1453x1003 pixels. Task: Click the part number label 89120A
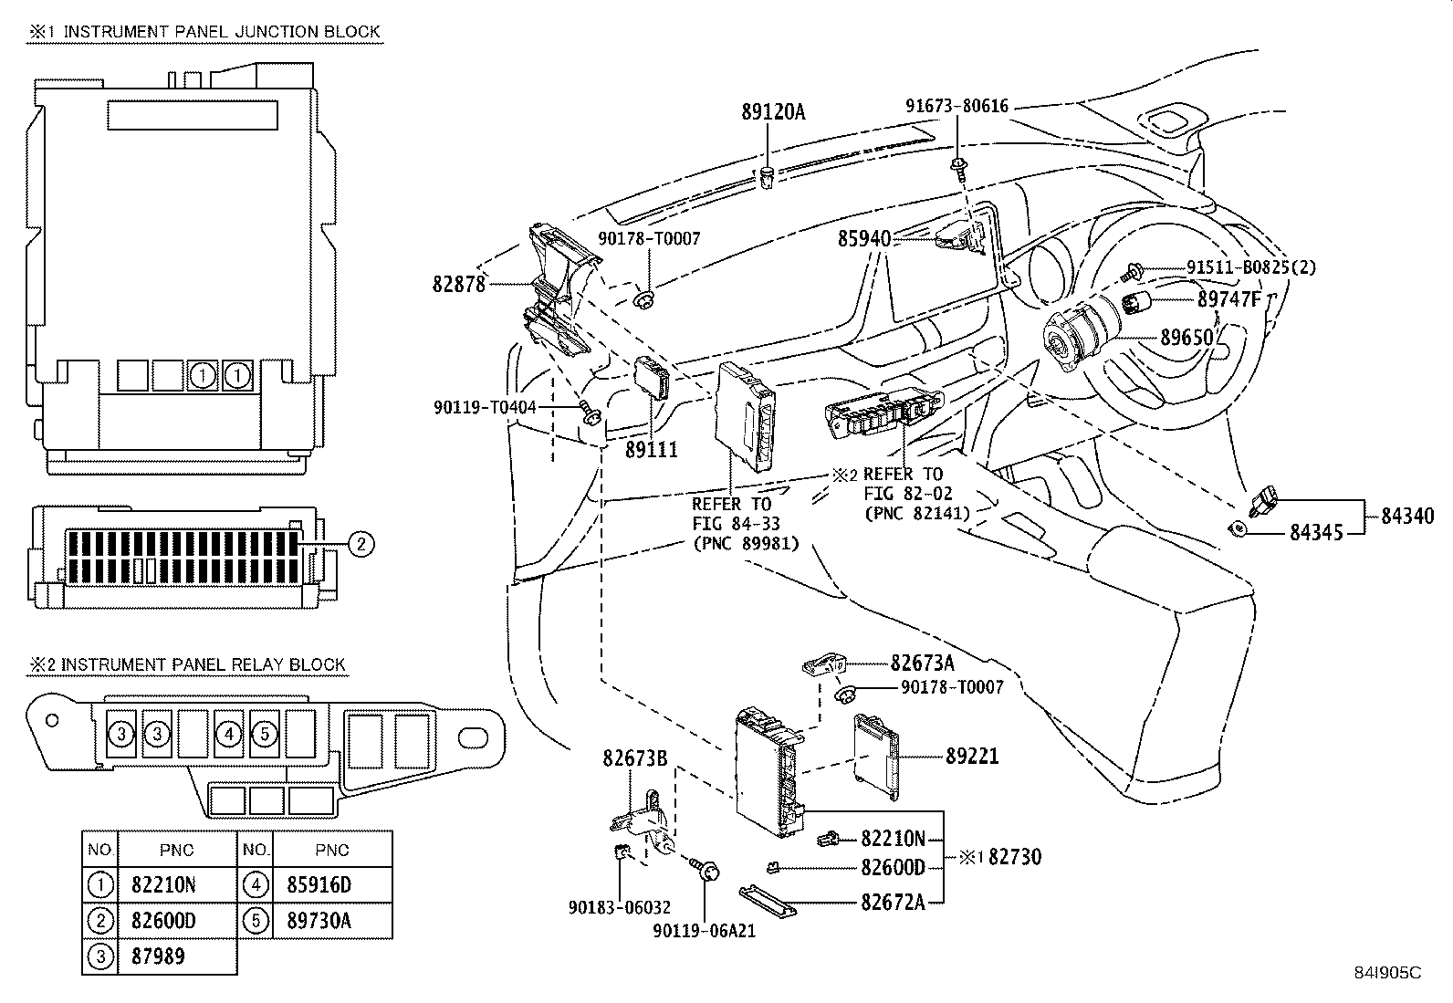tap(773, 112)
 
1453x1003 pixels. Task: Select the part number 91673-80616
tap(956, 106)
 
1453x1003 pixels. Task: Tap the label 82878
tap(458, 284)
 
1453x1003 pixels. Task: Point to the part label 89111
tap(652, 449)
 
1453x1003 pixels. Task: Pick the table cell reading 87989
tap(158, 956)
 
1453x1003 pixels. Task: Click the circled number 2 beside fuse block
tap(361, 545)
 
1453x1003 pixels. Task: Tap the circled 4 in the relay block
tap(230, 733)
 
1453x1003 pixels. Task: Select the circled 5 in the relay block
tap(264, 733)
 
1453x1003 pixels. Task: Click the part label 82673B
tap(634, 757)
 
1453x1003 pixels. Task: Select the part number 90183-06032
tap(619, 907)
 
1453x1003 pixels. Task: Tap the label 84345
tap(1316, 532)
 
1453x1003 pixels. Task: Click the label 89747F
tap(1229, 298)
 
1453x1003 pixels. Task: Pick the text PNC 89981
tap(746, 544)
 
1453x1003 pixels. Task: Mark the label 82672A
tap(893, 902)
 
